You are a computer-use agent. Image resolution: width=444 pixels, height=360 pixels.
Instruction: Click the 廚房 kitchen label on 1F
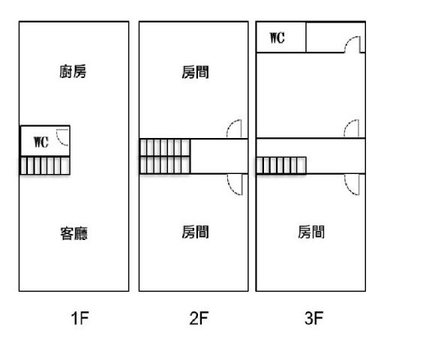point(73,72)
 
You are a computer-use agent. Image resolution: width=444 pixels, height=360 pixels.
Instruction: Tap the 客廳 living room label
point(74,234)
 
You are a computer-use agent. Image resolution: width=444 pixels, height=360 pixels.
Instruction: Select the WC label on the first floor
point(41,142)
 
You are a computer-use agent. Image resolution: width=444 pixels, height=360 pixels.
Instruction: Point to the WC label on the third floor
point(277,38)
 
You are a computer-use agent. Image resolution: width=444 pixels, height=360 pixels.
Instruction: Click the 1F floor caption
point(79,318)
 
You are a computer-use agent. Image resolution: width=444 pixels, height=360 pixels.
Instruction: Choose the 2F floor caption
point(199,318)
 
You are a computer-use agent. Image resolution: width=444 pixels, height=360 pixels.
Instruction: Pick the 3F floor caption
point(314,318)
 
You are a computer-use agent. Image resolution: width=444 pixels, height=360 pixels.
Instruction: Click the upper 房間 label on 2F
point(196,73)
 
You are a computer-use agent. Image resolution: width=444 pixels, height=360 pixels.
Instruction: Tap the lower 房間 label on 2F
point(196,232)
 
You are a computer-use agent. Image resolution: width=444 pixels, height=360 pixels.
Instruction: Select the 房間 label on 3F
point(311,232)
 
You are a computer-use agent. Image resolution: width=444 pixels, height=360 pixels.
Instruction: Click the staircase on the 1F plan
point(45,166)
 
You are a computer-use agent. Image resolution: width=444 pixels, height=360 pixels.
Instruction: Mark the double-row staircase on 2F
point(165,156)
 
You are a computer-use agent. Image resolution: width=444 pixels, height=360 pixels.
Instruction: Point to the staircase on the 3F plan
point(281,166)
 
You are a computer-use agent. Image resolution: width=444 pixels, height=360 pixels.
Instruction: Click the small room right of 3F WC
point(335,37)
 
